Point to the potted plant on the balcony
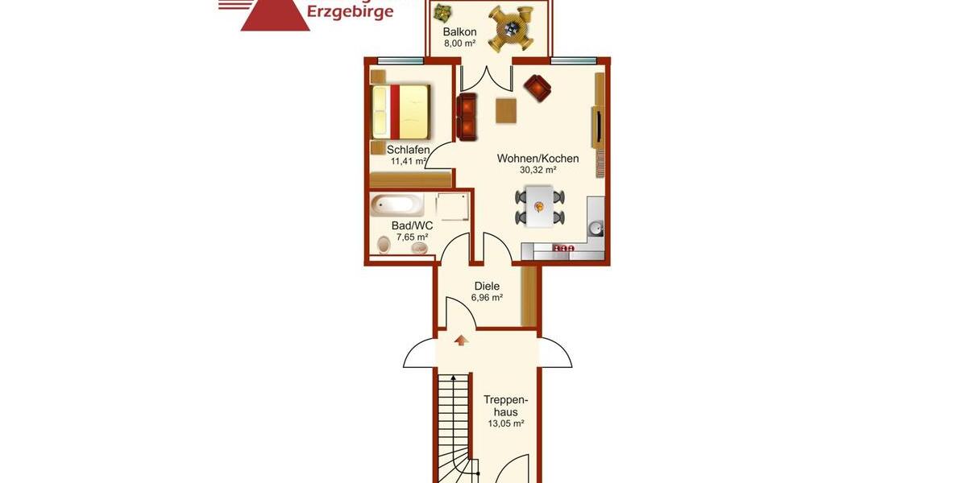[442, 12]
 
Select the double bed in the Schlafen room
[400, 112]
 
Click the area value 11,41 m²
[409, 161]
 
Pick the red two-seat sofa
[467, 118]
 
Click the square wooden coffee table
[507, 109]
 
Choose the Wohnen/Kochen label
[537, 158]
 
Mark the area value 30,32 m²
[537, 170]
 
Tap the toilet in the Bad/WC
[383, 246]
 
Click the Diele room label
[487, 286]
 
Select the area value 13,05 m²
[506, 423]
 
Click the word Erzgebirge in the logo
[351, 10]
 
